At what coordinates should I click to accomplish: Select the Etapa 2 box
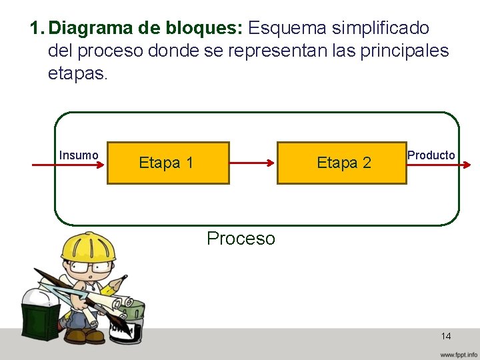(341, 163)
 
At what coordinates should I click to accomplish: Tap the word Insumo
(79, 155)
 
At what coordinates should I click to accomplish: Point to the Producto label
(431, 155)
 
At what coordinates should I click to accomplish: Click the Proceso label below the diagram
(241, 239)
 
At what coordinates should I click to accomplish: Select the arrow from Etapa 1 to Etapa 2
(253, 162)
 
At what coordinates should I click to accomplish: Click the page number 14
(446, 336)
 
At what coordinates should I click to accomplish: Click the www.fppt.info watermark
(458, 354)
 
